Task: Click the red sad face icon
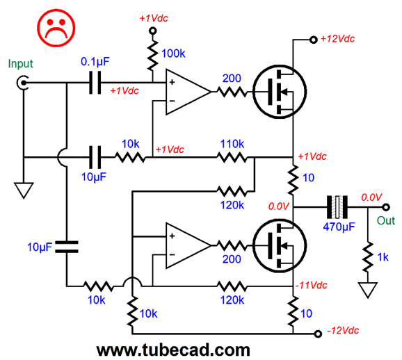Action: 56,28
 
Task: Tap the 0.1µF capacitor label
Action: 95,61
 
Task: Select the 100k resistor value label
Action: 173,54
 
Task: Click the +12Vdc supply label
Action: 337,39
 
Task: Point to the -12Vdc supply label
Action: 343,331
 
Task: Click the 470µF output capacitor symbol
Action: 337,207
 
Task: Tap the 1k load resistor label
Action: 383,257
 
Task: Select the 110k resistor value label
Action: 232,144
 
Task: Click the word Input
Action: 20,63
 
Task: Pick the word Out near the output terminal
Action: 386,220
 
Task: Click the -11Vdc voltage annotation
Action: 312,285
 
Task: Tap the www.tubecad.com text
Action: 173,350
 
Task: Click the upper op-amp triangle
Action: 188,92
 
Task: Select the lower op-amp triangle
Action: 188,245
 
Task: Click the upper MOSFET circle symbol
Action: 280,92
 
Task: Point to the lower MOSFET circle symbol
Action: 280,245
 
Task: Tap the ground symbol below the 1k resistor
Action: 368,290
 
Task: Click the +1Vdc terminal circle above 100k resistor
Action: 153,31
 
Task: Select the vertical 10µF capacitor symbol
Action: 67,247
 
